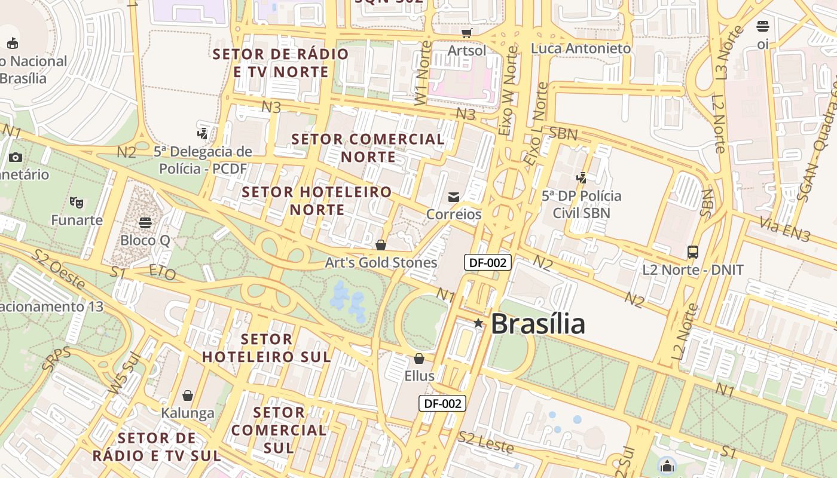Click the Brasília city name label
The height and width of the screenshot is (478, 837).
pos(537,324)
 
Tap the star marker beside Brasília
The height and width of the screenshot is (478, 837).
pos(478,323)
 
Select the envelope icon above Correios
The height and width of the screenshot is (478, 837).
pos(454,197)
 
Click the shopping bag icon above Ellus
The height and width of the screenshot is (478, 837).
pos(419,358)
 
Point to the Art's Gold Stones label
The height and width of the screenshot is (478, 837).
pos(381,262)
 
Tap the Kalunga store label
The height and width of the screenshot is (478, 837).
pos(188,412)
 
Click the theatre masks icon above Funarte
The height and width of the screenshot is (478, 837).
pos(77,203)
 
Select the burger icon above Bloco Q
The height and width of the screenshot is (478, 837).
pos(145,223)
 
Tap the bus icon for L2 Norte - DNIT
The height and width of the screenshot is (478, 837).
pos(693,252)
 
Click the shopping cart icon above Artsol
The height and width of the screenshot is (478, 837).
pos(467,33)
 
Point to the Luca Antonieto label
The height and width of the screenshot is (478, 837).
pos(581,48)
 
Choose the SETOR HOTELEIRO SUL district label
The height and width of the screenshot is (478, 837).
pos(266,348)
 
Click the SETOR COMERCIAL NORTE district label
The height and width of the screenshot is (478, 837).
pos(368,148)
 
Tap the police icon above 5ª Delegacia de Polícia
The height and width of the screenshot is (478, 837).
pos(203,133)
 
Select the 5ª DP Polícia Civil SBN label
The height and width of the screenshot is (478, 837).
pos(581,204)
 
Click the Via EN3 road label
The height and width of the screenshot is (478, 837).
pos(784,230)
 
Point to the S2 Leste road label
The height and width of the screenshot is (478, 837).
pos(485,442)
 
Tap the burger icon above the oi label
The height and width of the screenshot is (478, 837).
pos(762,26)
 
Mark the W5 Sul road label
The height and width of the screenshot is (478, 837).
pos(124,373)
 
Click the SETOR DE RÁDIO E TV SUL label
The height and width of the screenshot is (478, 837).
pos(157,446)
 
